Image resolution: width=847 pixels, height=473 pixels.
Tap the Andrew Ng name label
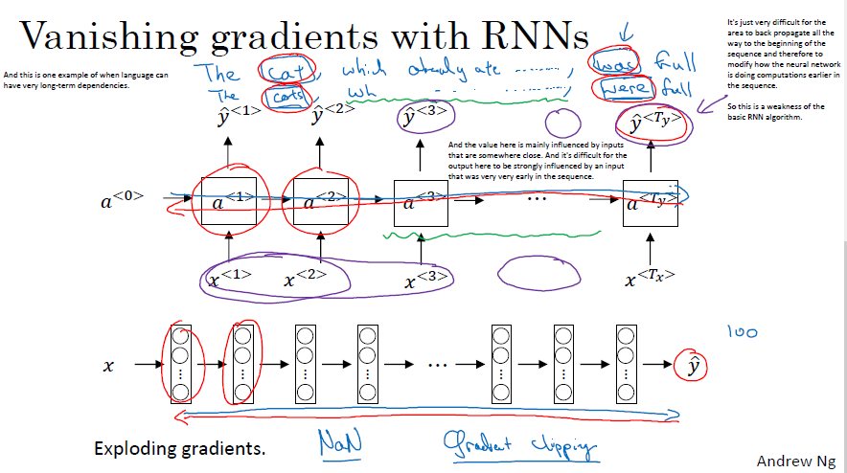[794, 461]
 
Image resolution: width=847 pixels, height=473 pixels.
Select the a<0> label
[122, 200]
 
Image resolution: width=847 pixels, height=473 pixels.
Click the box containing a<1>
[227, 202]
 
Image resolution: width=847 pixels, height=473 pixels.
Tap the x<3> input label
[423, 281]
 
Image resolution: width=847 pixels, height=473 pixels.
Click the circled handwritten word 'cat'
[281, 71]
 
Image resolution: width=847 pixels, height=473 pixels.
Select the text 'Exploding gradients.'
[180, 448]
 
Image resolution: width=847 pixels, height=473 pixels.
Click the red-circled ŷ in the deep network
[687, 365]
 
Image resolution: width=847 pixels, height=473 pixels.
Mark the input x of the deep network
[108, 366]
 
